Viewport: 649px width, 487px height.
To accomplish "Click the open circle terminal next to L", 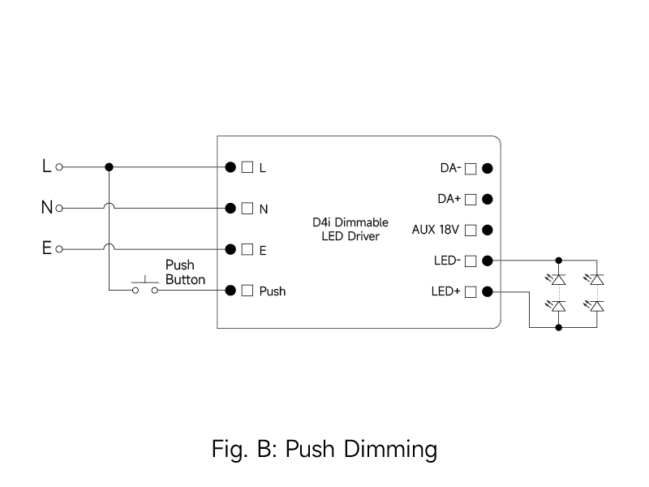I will tap(59, 167).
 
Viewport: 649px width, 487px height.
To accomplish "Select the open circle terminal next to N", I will tap(59, 208).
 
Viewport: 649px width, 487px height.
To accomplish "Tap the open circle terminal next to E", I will tap(59, 248).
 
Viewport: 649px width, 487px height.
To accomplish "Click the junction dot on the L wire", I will tap(109, 167).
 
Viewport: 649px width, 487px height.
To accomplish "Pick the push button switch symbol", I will tap(144, 286).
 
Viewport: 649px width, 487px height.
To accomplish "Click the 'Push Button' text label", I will tap(185, 272).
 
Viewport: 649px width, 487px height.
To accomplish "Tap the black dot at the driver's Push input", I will tap(230, 290).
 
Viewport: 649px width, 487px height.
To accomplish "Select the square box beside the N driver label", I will tap(247, 208).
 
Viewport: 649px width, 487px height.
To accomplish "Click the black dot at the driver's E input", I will tap(230, 248).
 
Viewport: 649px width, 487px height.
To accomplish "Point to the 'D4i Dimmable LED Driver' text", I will tap(350, 229).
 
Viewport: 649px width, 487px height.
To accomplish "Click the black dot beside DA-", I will tap(487, 169).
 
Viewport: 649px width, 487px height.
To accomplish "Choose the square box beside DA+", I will tap(470, 199).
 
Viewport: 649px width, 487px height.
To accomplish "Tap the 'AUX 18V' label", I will tap(436, 230).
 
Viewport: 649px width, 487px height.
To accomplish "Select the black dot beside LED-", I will tap(487, 261).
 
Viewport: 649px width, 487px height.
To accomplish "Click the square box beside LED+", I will tap(470, 291).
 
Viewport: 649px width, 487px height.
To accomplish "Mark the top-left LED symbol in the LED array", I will tap(558, 279).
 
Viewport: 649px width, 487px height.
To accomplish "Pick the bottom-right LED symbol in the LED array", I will tap(597, 306).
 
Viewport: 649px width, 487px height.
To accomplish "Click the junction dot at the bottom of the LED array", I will tap(558, 327).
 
